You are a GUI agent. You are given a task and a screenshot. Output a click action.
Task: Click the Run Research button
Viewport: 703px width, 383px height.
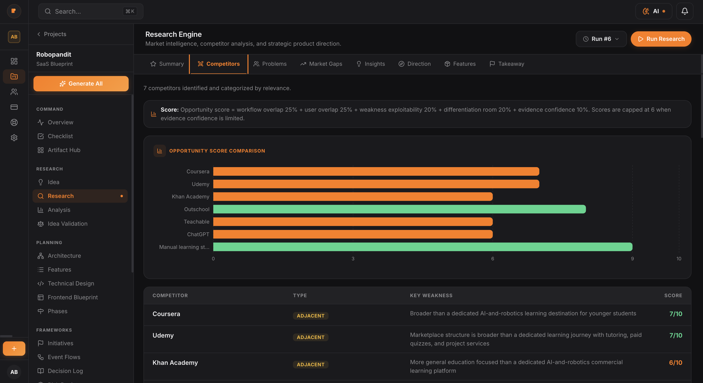(x=661, y=39)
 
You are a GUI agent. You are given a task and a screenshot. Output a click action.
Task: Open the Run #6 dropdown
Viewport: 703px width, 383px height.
(x=601, y=39)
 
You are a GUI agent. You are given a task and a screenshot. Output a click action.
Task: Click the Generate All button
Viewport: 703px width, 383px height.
(x=81, y=84)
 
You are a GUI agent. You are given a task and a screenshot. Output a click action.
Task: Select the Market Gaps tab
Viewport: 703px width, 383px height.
(x=321, y=64)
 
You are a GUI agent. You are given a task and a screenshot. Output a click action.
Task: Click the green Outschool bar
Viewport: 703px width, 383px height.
(x=399, y=209)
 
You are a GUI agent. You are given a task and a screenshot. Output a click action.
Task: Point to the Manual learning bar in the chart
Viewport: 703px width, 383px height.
(x=423, y=247)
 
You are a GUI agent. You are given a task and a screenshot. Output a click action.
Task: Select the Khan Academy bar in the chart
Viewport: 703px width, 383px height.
(x=353, y=197)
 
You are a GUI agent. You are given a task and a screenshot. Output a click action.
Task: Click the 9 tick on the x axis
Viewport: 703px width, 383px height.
(x=632, y=259)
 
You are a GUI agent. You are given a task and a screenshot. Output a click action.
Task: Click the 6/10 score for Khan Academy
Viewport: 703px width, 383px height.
(x=675, y=362)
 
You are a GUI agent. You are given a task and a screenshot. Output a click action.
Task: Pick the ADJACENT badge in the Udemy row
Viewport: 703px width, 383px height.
(x=310, y=337)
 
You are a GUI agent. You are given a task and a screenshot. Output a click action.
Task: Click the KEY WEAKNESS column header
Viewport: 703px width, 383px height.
(x=431, y=295)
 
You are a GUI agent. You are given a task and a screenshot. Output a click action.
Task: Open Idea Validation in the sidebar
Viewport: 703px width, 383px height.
(x=67, y=224)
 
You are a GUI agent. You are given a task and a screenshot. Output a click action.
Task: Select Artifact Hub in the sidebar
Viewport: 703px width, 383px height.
(x=64, y=150)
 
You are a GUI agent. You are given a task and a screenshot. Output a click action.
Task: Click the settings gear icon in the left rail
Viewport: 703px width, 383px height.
(x=14, y=138)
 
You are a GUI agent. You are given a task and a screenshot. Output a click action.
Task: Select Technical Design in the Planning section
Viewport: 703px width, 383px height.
(x=71, y=284)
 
